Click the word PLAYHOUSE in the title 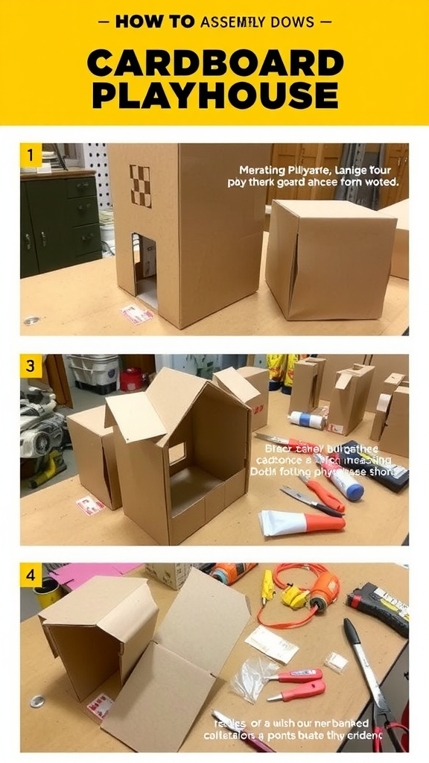[x=214, y=95]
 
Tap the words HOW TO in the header [x=156, y=22]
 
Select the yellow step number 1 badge [x=30, y=156]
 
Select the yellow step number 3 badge [x=30, y=366]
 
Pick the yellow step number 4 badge [x=30, y=575]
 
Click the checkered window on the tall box [x=141, y=186]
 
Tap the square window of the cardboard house [x=177, y=453]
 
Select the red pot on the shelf [x=132, y=379]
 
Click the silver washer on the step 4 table [x=37, y=701]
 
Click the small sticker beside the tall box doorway [x=137, y=314]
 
